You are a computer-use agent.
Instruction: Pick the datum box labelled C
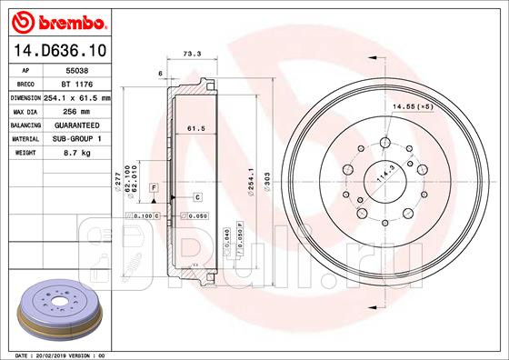click(x=196, y=196)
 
